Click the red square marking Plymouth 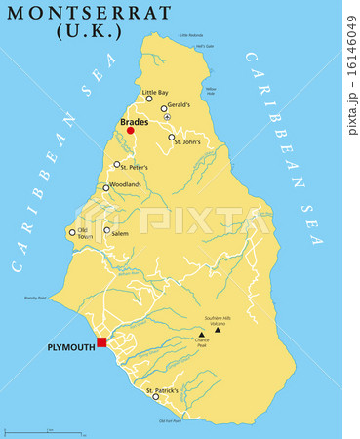coord(101,342)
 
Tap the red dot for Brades coord(131,130)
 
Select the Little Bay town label coord(155,92)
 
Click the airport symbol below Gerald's coord(167,117)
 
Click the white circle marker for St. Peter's coord(117,164)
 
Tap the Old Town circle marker coord(71,232)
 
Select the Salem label coord(120,233)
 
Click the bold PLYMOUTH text coord(70,347)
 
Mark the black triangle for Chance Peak coord(202,334)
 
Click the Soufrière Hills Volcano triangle coord(219,330)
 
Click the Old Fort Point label coord(170,420)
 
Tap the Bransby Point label coord(35,298)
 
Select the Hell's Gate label coord(203,46)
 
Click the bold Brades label coord(135,122)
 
